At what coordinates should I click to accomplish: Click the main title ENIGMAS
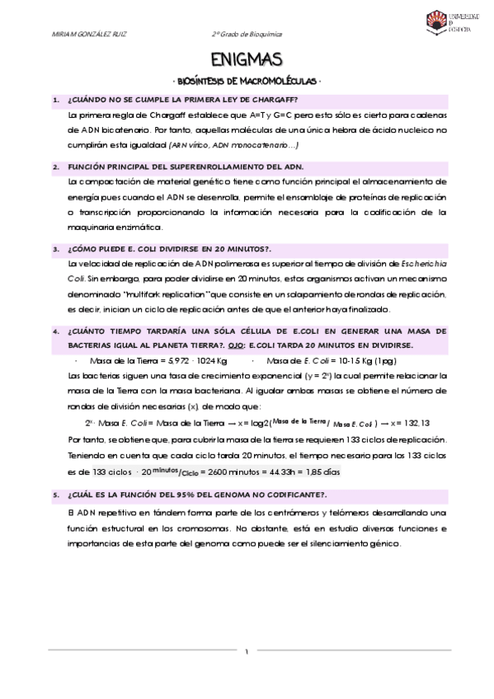coord(247,59)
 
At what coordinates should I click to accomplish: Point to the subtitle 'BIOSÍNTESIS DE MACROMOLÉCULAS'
coord(247,82)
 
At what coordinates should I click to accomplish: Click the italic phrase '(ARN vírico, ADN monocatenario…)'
coord(233,145)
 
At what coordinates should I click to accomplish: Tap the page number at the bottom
coord(247,651)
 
